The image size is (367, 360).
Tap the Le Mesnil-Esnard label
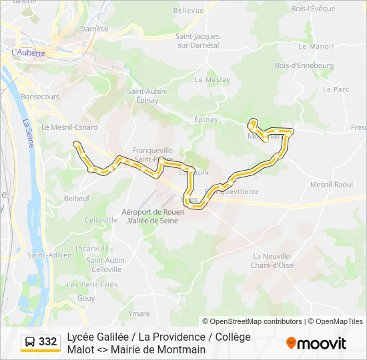click(69, 127)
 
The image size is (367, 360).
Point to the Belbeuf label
click(77, 198)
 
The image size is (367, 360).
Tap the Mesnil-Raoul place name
click(332, 184)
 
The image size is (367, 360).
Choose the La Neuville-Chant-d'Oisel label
click(273, 261)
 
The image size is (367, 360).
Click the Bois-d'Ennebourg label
click(304, 66)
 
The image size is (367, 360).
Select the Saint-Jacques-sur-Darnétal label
click(198, 41)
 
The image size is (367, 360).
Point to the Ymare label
click(139, 313)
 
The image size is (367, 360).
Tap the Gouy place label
click(86, 298)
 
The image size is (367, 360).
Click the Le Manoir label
click(316, 47)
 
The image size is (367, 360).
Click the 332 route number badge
click(48, 342)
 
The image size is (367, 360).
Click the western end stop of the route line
click(77, 144)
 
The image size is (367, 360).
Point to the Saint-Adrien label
click(49, 255)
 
